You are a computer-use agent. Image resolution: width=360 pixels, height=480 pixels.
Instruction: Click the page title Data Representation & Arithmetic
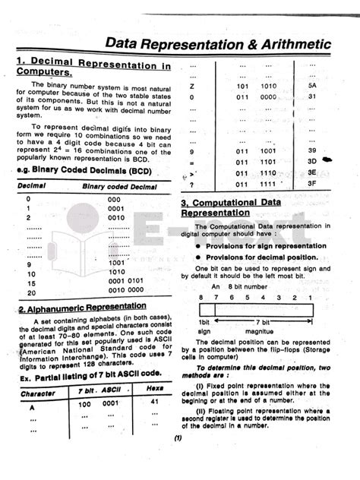(217, 45)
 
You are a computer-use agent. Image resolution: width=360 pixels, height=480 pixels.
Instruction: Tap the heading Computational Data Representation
(238, 207)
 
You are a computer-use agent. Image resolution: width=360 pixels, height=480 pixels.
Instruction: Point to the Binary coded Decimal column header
(115, 185)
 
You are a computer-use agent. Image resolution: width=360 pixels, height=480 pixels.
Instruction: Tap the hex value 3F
(311, 183)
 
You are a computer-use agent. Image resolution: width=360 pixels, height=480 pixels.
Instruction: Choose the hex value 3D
(311, 162)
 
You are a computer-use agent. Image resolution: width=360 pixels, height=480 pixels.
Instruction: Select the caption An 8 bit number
(235, 286)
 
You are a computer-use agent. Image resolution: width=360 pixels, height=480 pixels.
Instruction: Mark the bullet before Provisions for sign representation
(197, 246)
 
